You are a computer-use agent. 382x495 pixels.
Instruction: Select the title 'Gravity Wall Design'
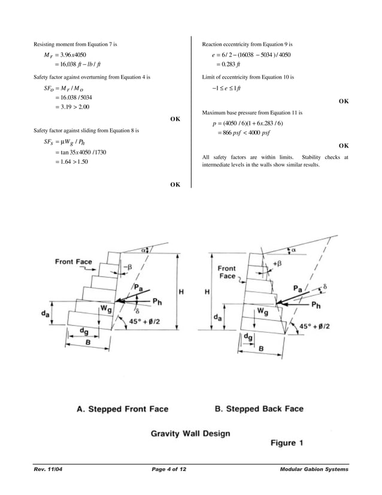(x=189, y=433)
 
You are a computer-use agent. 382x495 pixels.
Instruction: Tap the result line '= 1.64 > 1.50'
(x=71, y=161)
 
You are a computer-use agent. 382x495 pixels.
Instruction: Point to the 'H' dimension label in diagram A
(x=181, y=291)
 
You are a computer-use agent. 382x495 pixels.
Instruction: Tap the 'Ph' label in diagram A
(x=156, y=300)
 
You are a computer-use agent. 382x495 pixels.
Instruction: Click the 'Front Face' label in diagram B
(x=227, y=272)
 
